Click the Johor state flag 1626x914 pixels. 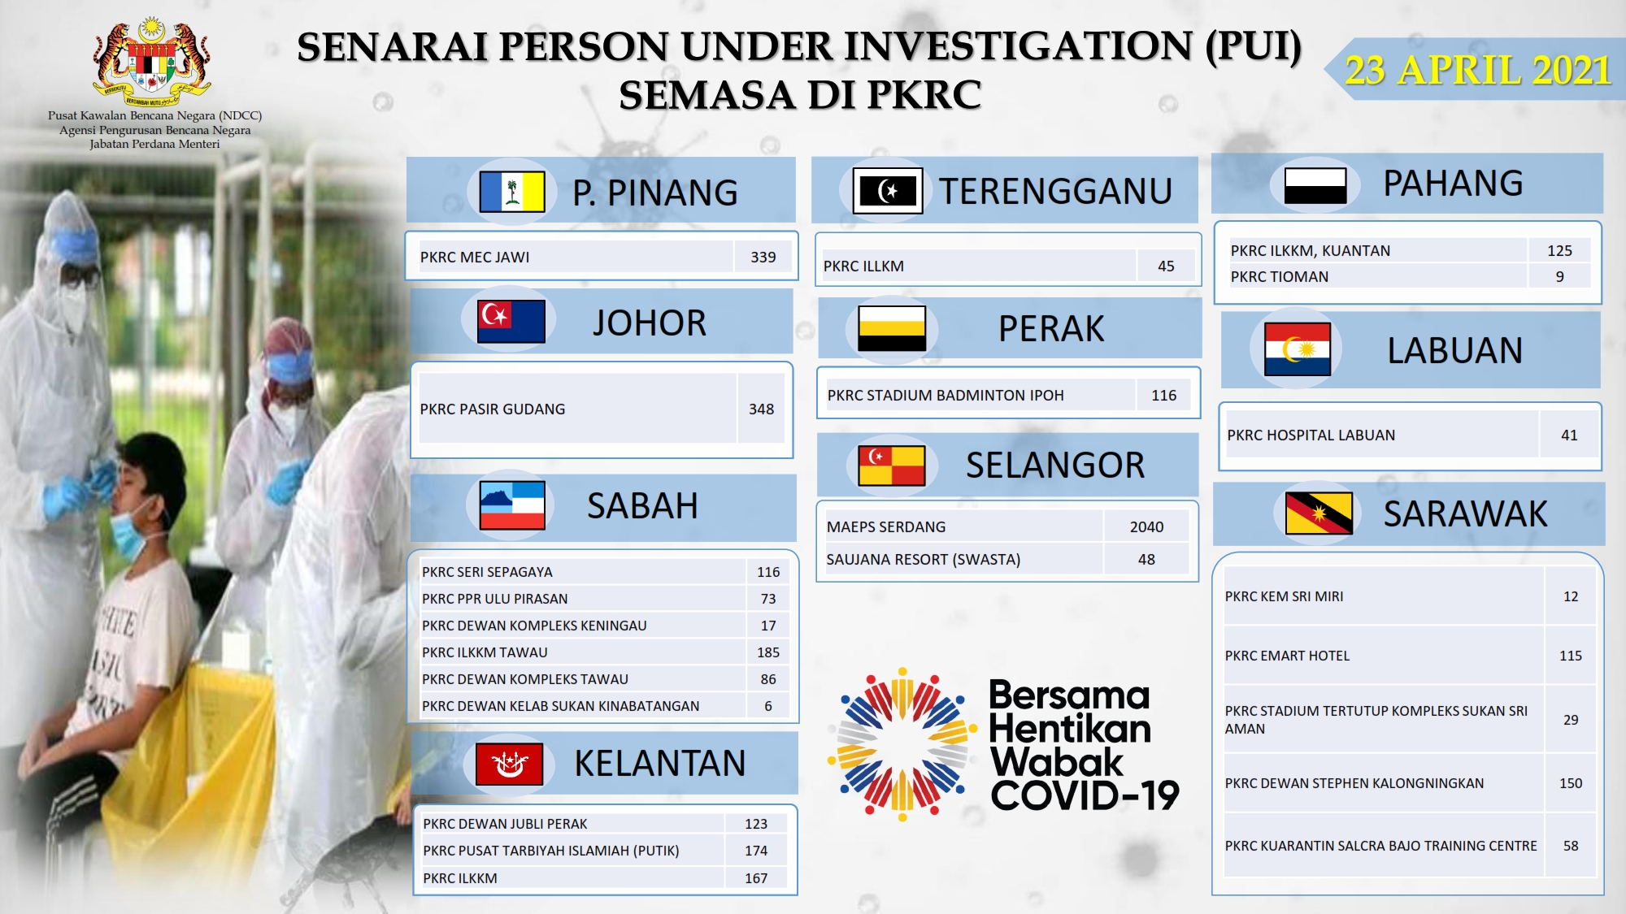(511, 321)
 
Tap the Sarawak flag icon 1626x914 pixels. (1319, 513)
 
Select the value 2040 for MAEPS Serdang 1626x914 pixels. (1146, 526)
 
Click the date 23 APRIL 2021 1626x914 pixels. (1477, 70)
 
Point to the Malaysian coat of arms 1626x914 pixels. (152, 63)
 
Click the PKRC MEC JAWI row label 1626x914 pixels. (475, 258)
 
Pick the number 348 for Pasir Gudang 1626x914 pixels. (761, 409)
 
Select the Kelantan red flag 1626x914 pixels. (509, 764)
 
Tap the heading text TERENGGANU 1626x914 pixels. (1055, 192)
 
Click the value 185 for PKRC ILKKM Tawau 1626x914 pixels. (768, 652)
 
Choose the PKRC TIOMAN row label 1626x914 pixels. (1279, 277)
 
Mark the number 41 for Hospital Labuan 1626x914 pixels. (1569, 435)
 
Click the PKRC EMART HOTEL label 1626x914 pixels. (1287, 656)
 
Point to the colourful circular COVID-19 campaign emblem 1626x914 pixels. (902, 744)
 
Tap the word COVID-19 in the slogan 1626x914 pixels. (1085, 795)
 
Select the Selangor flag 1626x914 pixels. (892, 466)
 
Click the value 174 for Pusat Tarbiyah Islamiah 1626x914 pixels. (756, 851)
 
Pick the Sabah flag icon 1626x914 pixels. (512, 505)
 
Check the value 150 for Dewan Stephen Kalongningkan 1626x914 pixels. (1571, 783)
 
